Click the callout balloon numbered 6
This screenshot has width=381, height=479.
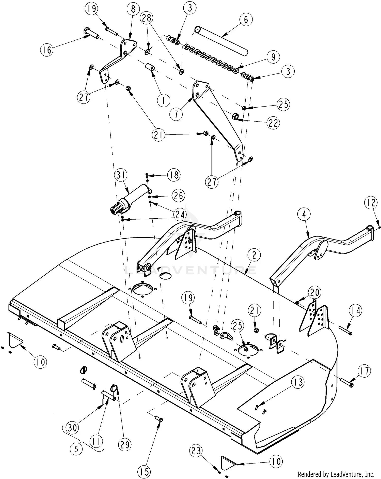coord(246,19)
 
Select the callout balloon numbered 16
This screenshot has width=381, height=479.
coord(47,50)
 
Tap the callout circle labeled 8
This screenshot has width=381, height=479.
coord(133,9)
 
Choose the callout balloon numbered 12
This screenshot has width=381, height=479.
coord(371,203)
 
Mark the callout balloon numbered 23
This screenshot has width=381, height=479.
coord(196,451)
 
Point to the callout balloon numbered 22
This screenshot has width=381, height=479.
coord(273,123)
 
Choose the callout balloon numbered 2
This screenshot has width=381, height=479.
coord(254,255)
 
